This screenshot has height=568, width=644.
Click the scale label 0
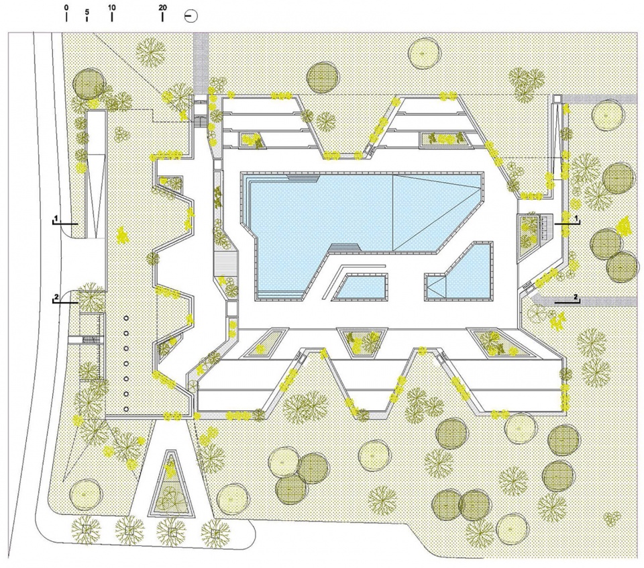(x=66, y=7)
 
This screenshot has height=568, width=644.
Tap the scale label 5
(x=87, y=12)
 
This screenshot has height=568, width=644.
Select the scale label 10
(x=112, y=7)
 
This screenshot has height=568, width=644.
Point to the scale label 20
(x=162, y=7)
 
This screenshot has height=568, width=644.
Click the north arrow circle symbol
(x=191, y=16)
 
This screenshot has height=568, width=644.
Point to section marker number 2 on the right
(x=576, y=297)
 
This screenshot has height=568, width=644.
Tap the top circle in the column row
(x=126, y=318)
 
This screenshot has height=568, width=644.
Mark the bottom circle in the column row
(x=126, y=409)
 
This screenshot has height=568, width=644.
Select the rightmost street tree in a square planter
(x=215, y=532)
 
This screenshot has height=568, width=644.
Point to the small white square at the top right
(x=557, y=99)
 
